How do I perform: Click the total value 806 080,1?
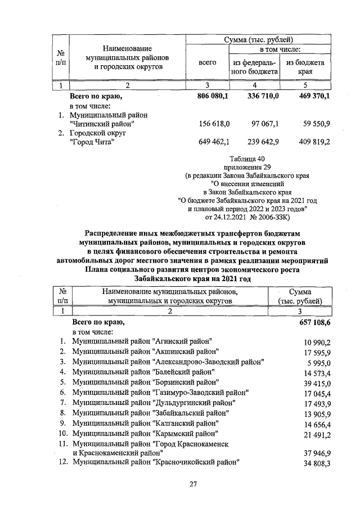[209, 97]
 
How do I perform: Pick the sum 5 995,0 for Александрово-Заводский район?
[317, 362]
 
